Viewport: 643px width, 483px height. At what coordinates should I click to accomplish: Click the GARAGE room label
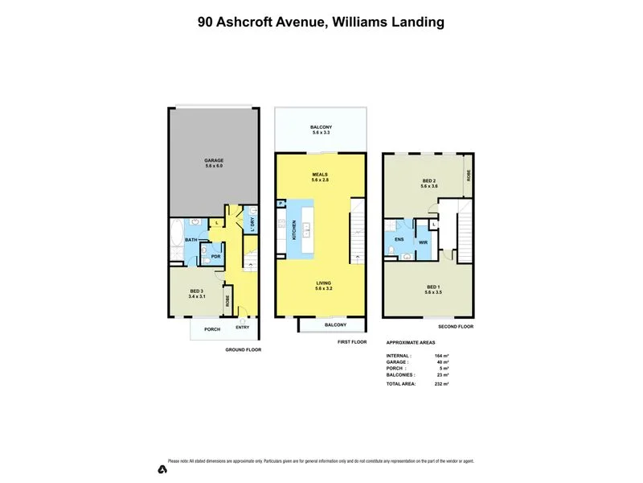[213, 160]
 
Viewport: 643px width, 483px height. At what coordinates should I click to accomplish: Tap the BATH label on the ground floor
[191, 239]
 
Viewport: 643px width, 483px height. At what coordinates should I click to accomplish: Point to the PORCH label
[211, 328]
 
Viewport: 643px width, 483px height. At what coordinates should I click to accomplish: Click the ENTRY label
[242, 327]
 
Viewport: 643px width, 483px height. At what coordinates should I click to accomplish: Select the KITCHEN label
[294, 231]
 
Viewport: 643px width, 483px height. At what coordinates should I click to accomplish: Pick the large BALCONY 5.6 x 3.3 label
[321, 128]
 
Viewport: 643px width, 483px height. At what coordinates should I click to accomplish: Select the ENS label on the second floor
[399, 239]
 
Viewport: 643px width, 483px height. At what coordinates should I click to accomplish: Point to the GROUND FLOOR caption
[244, 350]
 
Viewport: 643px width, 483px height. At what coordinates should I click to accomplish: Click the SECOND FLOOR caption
[455, 327]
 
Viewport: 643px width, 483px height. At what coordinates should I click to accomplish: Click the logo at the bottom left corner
[162, 469]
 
